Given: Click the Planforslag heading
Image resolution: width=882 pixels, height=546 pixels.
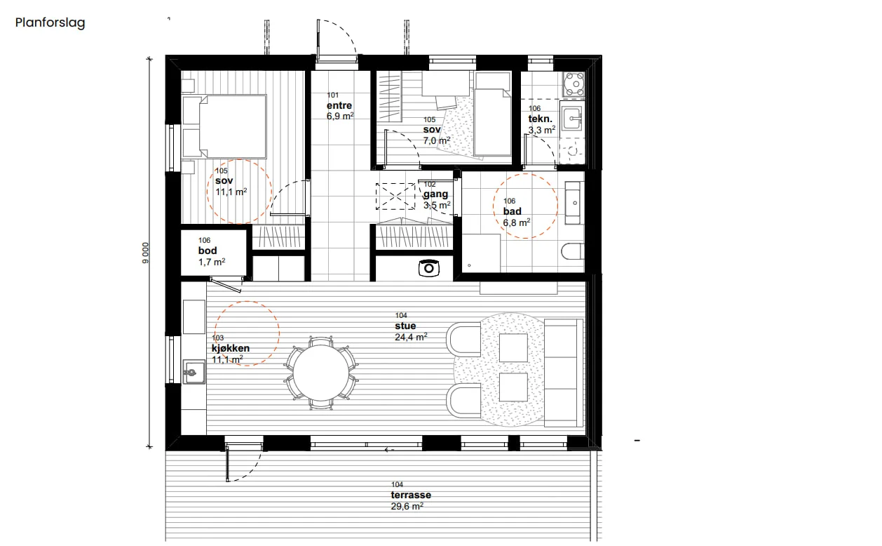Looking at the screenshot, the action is pos(50,23).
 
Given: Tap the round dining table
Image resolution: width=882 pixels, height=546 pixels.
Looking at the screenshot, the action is pos(321,373).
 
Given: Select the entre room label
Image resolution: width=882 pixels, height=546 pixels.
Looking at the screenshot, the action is pos(339,105).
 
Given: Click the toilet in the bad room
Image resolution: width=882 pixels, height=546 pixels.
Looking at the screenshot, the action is pos(573,251).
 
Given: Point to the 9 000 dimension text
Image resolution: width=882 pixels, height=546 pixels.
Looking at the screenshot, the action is pos(146,253).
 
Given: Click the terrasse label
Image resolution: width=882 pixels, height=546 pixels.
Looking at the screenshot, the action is pos(411,495).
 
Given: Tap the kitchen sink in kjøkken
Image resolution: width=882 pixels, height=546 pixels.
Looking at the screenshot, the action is pos(194,372).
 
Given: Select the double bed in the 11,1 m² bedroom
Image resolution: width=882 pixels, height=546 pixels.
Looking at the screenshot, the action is pos(233,126).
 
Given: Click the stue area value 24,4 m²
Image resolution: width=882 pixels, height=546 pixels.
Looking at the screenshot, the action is pos(411,337).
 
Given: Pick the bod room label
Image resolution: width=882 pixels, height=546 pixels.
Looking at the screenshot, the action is pos(208,251).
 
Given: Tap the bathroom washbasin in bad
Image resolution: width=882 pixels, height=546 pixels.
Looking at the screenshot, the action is pos(574,203).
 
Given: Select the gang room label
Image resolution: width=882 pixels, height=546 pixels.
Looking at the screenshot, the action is pos(435,194).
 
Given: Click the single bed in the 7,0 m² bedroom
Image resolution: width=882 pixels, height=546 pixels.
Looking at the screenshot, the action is pos(493,122).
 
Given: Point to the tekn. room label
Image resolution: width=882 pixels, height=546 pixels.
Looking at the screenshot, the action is pos(541,119).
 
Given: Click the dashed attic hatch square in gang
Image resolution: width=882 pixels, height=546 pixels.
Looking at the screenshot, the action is pos(395,197).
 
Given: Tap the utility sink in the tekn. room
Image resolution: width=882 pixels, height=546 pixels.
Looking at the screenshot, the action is pos(571,117).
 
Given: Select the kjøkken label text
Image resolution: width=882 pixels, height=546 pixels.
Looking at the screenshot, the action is pos(231,349).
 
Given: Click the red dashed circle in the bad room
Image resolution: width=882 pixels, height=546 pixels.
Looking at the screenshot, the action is pos(525,174).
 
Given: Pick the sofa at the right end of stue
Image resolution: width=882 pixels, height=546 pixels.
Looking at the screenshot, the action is pos(564,373).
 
